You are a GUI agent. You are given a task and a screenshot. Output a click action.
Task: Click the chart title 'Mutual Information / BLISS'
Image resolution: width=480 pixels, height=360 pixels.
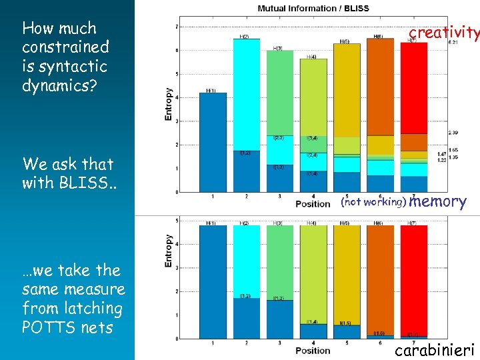pos(313,8)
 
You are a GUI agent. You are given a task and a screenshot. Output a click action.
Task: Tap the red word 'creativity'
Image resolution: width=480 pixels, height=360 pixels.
pos(443,33)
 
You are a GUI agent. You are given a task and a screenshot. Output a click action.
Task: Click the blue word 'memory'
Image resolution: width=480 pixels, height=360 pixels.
pos(437,201)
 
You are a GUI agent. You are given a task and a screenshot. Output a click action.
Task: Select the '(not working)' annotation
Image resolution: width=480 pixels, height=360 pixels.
pos(373,201)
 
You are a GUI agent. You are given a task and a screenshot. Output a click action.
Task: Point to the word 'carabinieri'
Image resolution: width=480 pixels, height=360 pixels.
pos(435,349)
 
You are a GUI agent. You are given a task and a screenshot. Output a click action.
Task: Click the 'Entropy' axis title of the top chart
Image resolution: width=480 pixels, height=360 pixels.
pos(169,105)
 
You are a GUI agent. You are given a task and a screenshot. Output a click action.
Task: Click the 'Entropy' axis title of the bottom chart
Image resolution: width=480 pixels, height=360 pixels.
pos(169,251)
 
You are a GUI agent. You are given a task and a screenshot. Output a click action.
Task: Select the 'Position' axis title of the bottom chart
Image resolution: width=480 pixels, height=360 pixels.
pos(313,351)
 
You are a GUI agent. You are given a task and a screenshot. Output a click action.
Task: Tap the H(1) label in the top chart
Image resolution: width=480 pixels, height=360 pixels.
pos(211,91)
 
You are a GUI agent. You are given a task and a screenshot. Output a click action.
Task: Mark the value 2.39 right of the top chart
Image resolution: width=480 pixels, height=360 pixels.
pos(453,133)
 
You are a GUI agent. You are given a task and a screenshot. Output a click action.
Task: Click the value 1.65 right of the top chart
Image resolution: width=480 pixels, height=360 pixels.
pos(453,150)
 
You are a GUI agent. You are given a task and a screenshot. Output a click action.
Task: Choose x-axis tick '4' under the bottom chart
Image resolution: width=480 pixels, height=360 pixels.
pos(313,343)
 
